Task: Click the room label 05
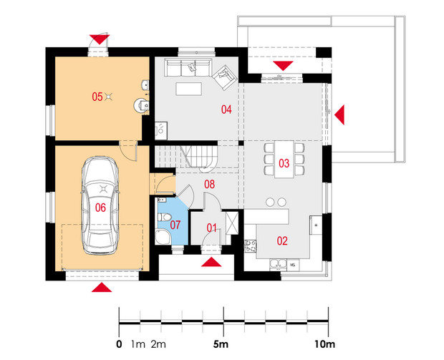point(97,97)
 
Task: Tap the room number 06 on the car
point(100,208)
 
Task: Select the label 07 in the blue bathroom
point(175,225)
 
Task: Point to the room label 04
point(226,110)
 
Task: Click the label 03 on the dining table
point(284,163)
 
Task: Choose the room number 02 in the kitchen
point(282,241)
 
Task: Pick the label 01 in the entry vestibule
point(212,228)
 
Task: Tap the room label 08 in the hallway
point(210,184)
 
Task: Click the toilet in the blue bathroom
point(165,218)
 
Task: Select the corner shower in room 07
point(163,237)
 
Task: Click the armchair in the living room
point(225,77)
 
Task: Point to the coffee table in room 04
point(189,89)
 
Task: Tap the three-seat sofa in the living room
point(188,68)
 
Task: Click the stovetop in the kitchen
point(251,245)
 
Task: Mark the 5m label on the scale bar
point(221,344)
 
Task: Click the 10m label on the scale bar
point(324,344)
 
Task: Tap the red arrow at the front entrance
point(211,262)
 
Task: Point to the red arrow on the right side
point(339,115)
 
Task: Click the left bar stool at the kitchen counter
point(270,202)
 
